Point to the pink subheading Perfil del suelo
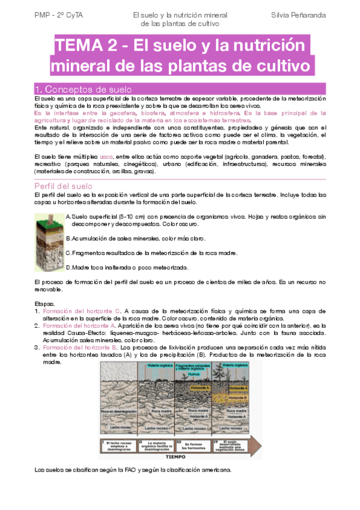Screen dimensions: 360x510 (64, 185)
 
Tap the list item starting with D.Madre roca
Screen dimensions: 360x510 (130, 267)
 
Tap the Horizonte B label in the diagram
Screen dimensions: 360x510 (239, 381)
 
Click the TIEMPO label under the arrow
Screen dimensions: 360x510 (178, 456)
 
